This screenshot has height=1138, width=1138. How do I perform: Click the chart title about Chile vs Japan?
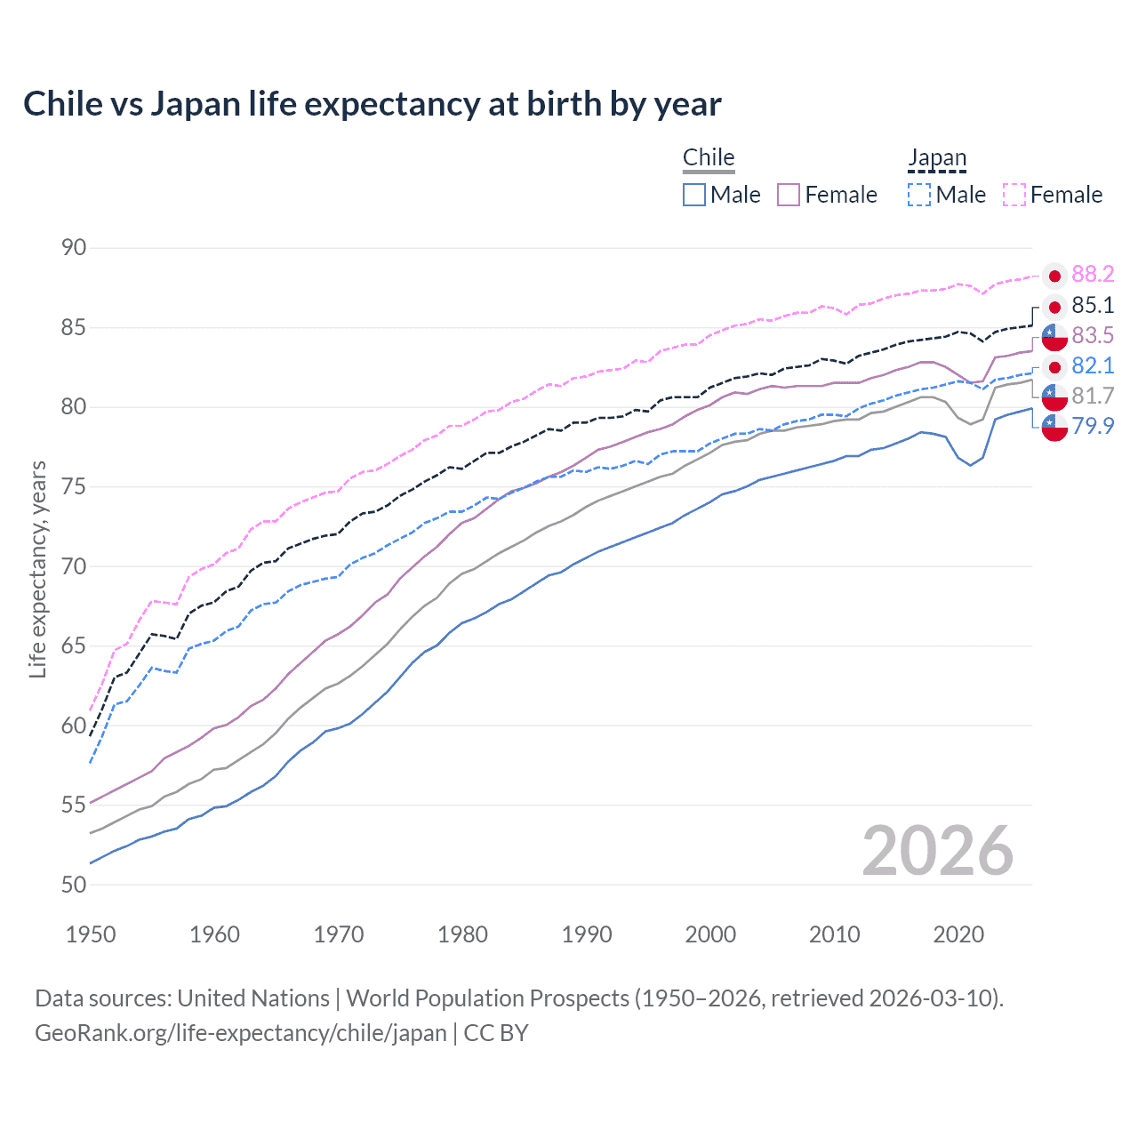[x=372, y=104]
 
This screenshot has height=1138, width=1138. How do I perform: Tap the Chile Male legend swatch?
[x=694, y=195]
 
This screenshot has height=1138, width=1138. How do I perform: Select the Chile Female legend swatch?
[x=789, y=195]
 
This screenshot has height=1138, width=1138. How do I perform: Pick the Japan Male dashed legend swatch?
[x=919, y=195]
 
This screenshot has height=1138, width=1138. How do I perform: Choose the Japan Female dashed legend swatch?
[x=1014, y=195]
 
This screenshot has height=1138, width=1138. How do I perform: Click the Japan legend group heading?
[x=937, y=158]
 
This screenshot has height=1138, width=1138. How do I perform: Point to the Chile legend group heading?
[x=709, y=158]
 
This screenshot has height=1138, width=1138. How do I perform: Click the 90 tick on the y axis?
[x=74, y=248]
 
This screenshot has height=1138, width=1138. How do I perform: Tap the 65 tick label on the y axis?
[x=74, y=645]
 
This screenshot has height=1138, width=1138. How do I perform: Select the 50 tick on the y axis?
[x=74, y=885]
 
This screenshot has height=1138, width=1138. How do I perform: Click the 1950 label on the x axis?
[x=91, y=934]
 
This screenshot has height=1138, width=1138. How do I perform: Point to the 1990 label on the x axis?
[x=587, y=934]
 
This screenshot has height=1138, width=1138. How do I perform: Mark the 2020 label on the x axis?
[x=958, y=934]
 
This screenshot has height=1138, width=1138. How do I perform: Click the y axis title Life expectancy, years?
[x=37, y=569]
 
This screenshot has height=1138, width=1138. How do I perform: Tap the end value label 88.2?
[x=1093, y=275]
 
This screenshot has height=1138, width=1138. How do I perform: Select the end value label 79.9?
[x=1093, y=426]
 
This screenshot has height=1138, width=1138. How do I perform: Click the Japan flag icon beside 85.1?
[x=1054, y=307]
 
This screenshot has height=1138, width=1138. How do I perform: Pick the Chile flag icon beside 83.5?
[x=1054, y=337]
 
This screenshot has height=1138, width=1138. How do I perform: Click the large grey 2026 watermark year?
[x=937, y=851]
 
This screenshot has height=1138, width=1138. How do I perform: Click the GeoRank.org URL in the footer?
[x=240, y=1033]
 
